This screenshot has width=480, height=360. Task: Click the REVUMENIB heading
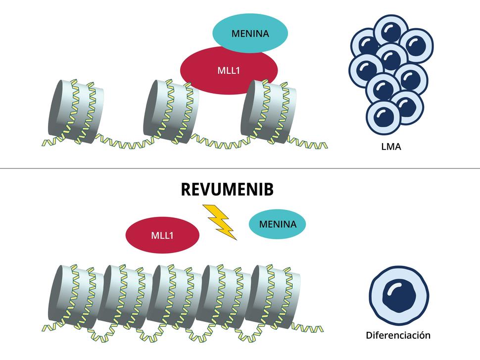pos(227,190)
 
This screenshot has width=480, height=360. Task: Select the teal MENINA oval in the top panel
pos(250,33)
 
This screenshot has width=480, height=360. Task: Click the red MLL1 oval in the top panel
pos(228,70)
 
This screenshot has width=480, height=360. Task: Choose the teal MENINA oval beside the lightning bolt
pos(278,224)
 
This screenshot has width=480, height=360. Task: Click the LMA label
pos(390,147)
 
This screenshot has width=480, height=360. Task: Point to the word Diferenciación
pos(398,335)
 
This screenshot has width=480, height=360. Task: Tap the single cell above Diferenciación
pos(399,294)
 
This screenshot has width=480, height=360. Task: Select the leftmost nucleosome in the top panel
pos(75,110)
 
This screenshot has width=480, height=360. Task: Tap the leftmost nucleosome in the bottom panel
pos(74,296)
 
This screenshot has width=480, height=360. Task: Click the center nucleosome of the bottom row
pos(175,296)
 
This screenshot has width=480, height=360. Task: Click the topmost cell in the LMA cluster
pos(390,31)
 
